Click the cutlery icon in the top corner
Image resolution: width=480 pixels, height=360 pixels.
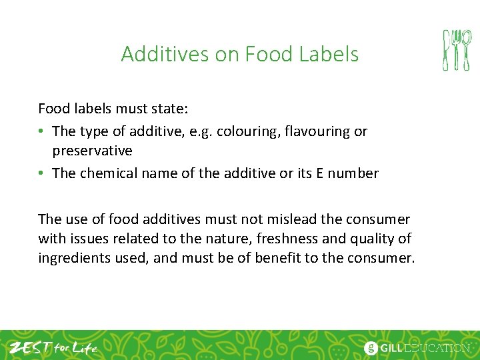(x=457, y=50)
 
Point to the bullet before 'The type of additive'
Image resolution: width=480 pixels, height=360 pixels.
(x=42, y=131)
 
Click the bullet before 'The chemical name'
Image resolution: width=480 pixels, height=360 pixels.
(x=42, y=173)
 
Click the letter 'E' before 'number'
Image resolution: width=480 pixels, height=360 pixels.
(x=320, y=173)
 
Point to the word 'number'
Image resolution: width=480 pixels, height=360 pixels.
(x=353, y=173)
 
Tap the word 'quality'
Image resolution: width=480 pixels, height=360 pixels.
(x=369, y=238)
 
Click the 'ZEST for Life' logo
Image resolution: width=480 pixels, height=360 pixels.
(x=53, y=347)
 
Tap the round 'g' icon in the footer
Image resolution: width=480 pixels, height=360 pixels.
(x=371, y=347)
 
